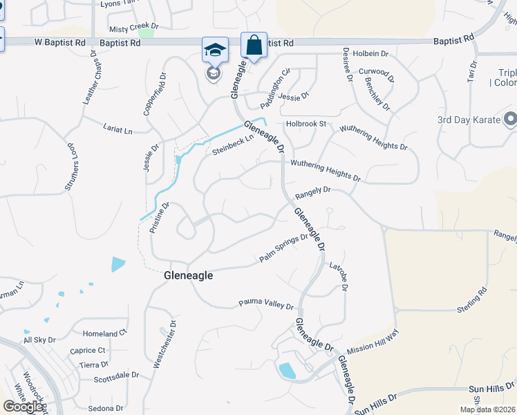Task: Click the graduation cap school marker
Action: click(x=215, y=50)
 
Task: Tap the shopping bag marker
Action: click(x=254, y=46)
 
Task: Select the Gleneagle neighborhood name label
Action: click(x=188, y=275)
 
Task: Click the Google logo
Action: click(x=23, y=407)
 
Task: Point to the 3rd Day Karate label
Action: click(x=467, y=120)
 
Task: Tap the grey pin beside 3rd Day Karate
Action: click(x=509, y=120)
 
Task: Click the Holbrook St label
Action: click(x=305, y=125)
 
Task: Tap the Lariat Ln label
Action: click(x=118, y=130)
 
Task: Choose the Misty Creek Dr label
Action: click(x=133, y=29)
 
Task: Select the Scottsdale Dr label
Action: click(x=116, y=378)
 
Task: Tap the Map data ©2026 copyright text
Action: click(x=488, y=409)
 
